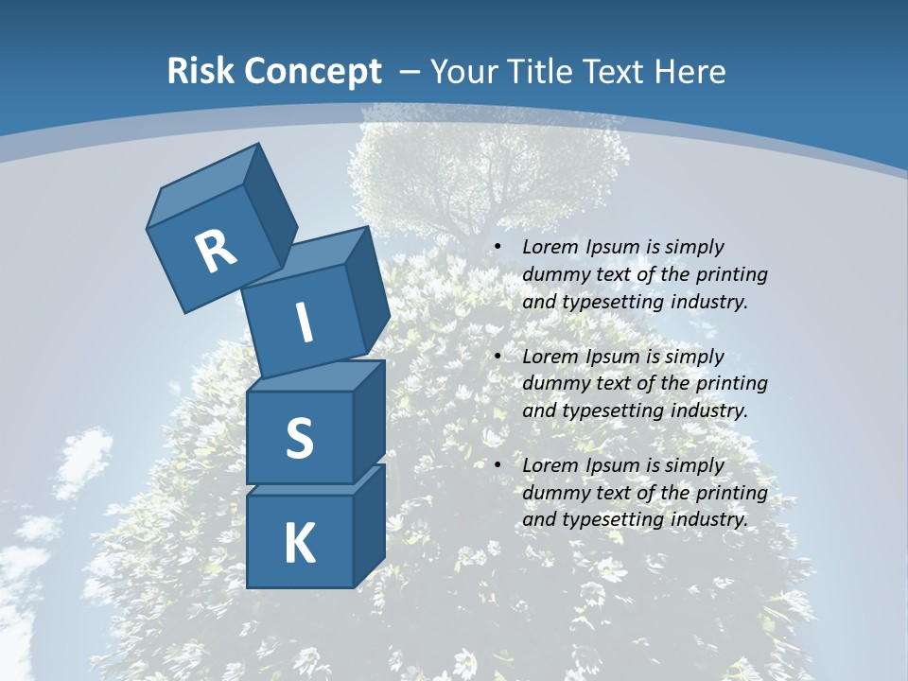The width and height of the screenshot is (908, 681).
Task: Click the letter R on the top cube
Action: click(x=216, y=251)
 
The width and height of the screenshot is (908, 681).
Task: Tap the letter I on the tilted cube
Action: click(x=304, y=323)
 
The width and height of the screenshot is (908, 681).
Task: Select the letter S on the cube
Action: click(x=299, y=437)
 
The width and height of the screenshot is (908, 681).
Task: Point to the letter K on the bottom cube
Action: click(x=299, y=543)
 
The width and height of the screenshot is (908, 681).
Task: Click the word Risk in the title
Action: click(x=201, y=72)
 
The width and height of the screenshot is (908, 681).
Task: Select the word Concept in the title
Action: click(x=311, y=72)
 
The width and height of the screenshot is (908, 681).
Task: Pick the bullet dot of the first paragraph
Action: click(x=498, y=247)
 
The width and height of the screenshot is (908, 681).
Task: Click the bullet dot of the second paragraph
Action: click(x=498, y=357)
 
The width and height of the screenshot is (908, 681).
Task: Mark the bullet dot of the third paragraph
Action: click(x=498, y=465)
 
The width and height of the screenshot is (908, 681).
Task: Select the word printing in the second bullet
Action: click(x=731, y=384)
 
